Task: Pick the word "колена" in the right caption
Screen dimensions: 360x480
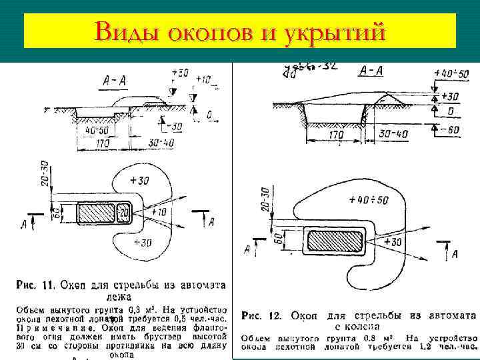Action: pos(363,327)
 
